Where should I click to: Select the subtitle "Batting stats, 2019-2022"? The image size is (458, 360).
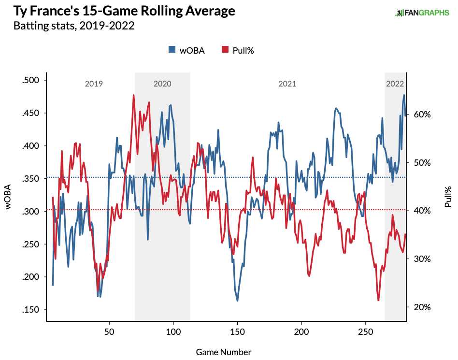click(74, 25)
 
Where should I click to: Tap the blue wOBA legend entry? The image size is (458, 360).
click(186, 50)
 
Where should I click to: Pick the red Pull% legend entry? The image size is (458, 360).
click(237, 50)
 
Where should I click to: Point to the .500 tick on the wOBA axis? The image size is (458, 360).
click(32, 80)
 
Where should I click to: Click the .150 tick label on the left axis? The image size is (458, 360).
click(32, 310)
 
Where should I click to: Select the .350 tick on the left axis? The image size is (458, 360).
click(32, 178)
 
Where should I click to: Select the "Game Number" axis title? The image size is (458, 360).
click(223, 352)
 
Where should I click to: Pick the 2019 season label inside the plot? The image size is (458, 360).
click(94, 84)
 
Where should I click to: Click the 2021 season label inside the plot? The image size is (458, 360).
click(287, 84)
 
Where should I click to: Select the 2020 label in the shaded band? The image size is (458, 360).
click(162, 84)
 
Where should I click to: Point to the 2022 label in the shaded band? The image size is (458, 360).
click(395, 84)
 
